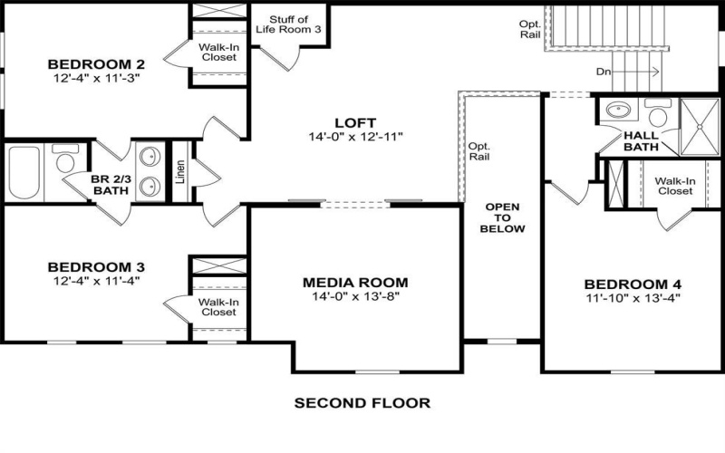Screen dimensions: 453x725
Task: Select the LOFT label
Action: coord(354,123)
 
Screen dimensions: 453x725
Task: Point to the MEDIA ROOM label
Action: coord(354,282)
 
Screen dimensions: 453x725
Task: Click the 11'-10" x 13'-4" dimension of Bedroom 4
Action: coord(633,297)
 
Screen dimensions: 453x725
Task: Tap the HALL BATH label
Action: coord(641,140)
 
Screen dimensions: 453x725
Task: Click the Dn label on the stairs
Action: coord(604,72)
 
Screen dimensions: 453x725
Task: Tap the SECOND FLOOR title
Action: coord(362,402)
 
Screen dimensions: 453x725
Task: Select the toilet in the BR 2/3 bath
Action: coord(63,160)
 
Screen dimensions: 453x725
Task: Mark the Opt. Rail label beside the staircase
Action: coord(530,29)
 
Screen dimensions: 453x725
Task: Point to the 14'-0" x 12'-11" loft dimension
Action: coord(354,137)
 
